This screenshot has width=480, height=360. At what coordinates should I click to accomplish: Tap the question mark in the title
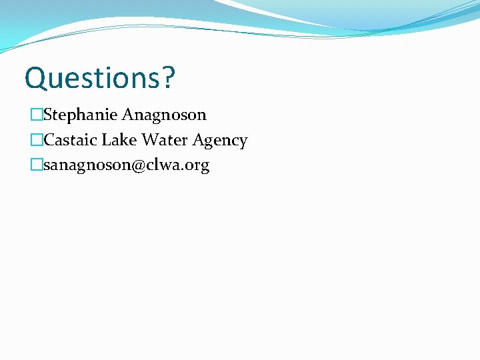coord(168,78)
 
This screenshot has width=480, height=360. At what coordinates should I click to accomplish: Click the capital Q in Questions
coord(35,79)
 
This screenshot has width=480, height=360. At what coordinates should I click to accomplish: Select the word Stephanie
coord(80,115)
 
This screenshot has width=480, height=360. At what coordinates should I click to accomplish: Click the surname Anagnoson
coord(164,115)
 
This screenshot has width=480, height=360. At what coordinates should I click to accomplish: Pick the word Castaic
coord(70,141)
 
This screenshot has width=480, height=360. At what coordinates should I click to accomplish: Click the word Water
coord(163,141)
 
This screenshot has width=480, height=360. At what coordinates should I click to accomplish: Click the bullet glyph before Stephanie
coord(36,115)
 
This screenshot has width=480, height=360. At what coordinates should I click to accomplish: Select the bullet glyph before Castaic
coord(36,141)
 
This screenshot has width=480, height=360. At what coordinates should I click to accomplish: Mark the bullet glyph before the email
coord(36,165)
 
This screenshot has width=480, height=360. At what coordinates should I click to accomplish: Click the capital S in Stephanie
coord(48,115)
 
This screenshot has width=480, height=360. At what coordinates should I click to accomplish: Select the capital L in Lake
coord(105,141)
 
